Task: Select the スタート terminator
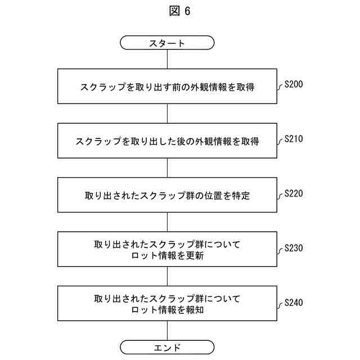tap(167, 43)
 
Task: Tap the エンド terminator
tap(167, 347)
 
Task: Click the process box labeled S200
tap(167, 87)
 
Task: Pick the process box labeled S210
tap(167, 141)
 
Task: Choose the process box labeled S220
tap(167, 195)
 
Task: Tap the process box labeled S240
tap(167, 304)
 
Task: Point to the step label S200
tap(294, 84)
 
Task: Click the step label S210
tap(294, 138)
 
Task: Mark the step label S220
tap(294, 193)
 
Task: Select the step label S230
tap(294, 247)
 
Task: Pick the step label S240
tap(294, 302)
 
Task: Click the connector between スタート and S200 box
tap(167, 59)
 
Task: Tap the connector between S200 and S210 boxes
tap(167, 114)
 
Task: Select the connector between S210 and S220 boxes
tap(167, 168)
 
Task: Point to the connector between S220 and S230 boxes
tap(167, 222)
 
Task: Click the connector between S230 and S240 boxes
tap(167, 277)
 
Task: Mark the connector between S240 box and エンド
tap(167, 331)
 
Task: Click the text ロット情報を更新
tap(167, 255)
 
